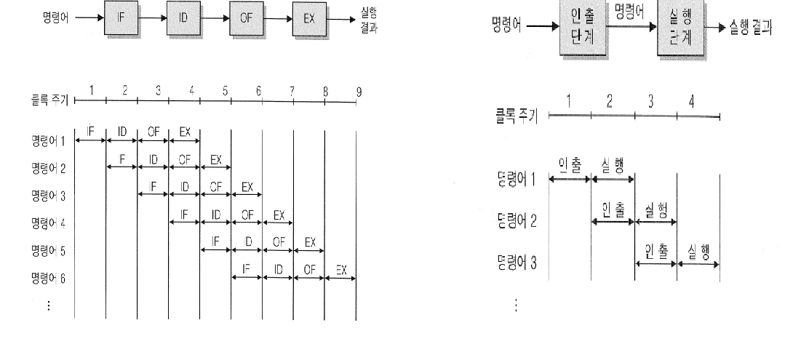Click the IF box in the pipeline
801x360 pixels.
click(x=121, y=16)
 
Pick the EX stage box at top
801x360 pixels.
click(x=309, y=16)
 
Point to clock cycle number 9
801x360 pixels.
click(x=359, y=91)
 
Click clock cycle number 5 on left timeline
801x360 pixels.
click(x=226, y=91)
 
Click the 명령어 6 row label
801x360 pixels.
click(x=52, y=279)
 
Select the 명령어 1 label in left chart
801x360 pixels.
click(x=52, y=140)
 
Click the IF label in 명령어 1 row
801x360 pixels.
click(x=90, y=132)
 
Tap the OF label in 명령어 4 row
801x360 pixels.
click(x=247, y=215)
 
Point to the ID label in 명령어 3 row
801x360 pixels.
click(x=184, y=187)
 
